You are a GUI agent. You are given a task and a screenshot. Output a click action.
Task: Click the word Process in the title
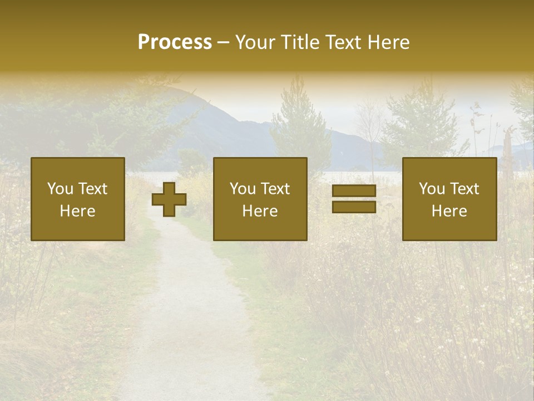[x=175, y=42]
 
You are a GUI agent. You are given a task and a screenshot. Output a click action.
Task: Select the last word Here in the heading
[x=389, y=42]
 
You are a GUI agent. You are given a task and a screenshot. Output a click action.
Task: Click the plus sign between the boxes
[x=169, y=199]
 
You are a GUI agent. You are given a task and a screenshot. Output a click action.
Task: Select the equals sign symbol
[x=354, y=199]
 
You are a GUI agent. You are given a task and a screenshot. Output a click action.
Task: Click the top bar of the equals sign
[x=354, y=191]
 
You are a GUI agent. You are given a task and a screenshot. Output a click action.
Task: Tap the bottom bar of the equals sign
[x=354, y=207]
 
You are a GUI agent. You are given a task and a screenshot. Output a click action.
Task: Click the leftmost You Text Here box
[x=77, y=199]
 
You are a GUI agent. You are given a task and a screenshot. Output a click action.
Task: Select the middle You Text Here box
[x=260, y=199]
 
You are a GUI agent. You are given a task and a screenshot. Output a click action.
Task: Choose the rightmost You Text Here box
[x=449, y=199]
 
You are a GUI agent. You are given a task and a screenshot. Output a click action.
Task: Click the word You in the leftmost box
[x=60, y=189]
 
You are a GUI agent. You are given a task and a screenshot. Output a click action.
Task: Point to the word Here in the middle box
[x=260, y=211]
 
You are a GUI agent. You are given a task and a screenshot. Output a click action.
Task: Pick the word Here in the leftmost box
[x=77, y=211]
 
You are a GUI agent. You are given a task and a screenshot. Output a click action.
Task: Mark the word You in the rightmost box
[x=432, y=189]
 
